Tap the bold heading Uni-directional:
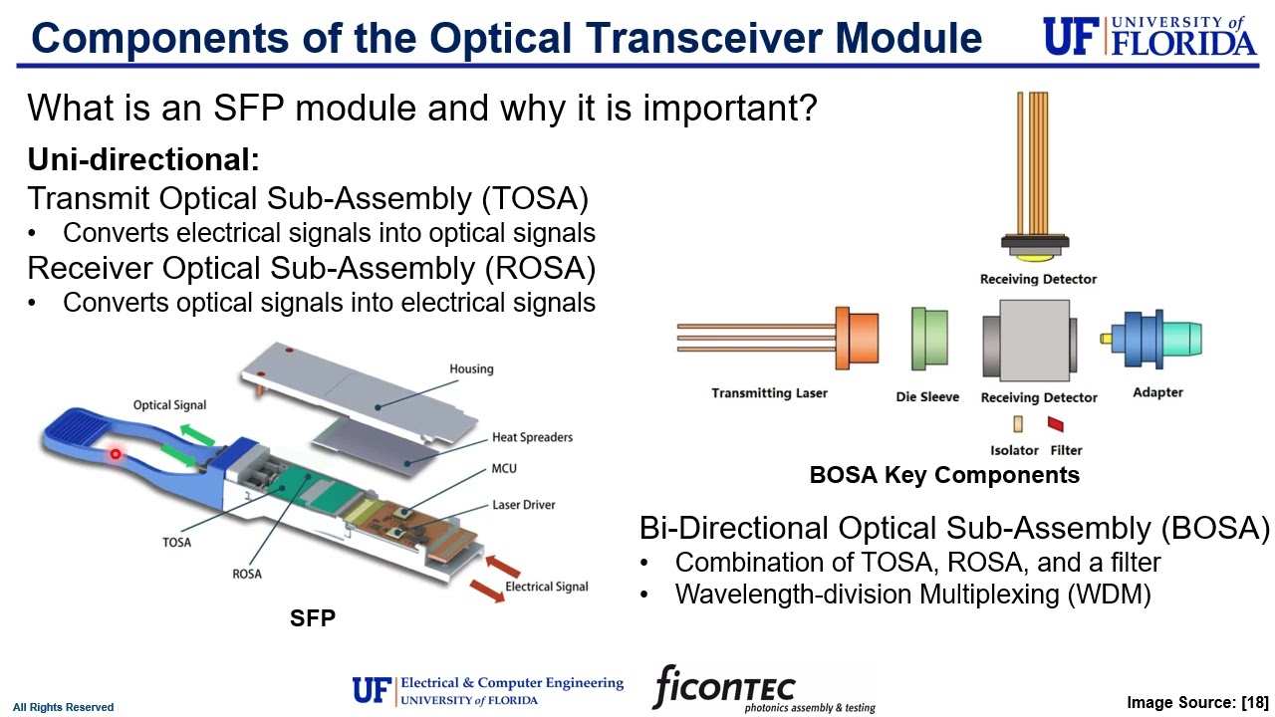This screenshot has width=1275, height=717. (143, 159)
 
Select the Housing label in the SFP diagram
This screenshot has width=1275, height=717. (471, 368)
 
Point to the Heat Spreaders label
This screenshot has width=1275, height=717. (532, 437)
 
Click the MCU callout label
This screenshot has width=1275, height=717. (504, 469)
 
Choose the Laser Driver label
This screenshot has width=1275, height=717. (524, 505)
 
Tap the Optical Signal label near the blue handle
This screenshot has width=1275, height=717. (170, 405)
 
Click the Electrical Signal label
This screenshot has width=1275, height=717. (546, 587)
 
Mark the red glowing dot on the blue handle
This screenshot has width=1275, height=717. (116, 454)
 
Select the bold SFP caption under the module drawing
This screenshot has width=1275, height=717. (313, 618)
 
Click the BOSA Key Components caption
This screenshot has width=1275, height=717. (944, 475)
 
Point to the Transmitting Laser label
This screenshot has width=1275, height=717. (769, 393)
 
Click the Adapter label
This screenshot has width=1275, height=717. (1157, 392)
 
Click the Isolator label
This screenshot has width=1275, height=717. (1014, 450)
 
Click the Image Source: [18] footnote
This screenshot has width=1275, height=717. (1196, 703)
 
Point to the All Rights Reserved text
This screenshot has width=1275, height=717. (63, 707)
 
